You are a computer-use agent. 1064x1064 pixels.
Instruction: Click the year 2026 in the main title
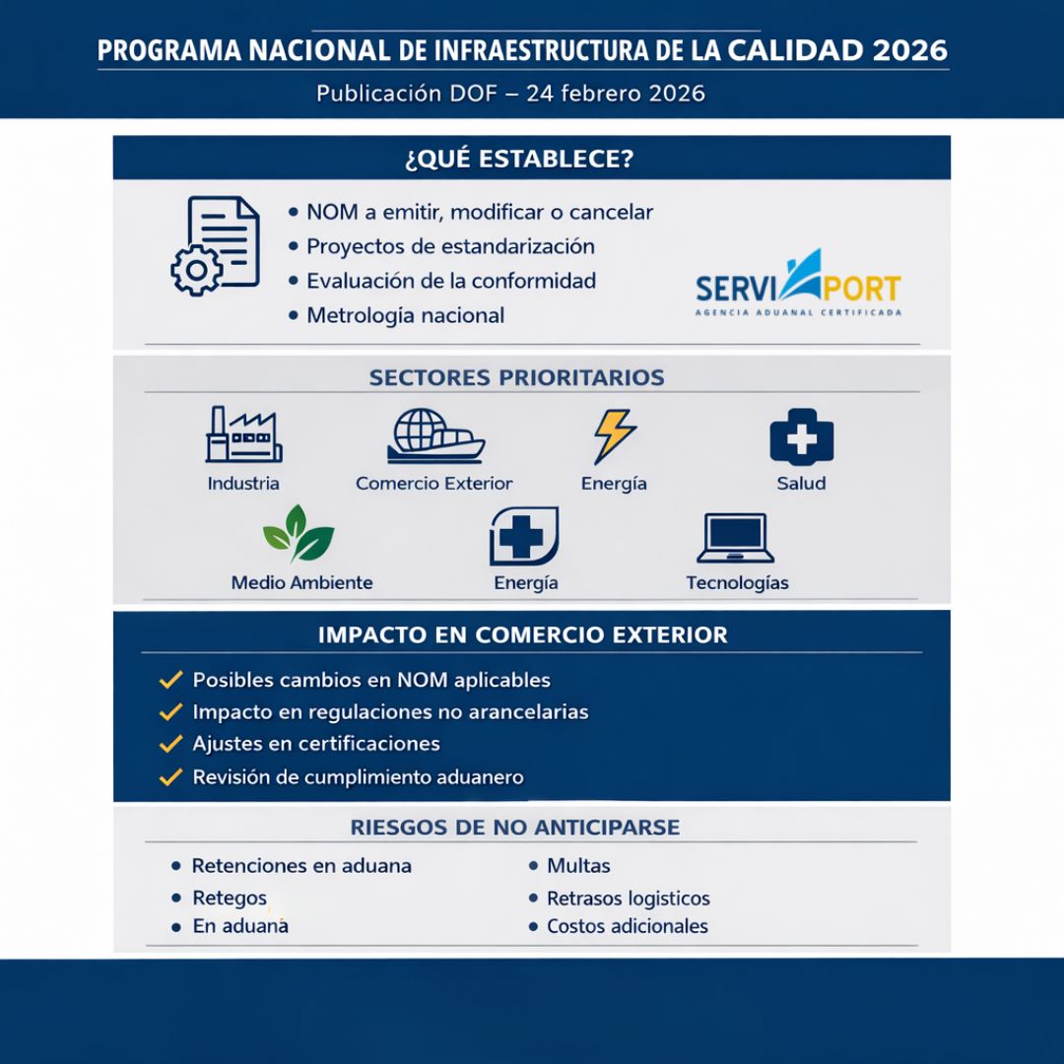[910, 50]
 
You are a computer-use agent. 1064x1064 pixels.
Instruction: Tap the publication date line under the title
[510, 94]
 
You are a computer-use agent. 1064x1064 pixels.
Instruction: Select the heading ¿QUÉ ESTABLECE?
[518, 159]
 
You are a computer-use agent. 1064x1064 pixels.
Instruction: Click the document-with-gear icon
[216, 245]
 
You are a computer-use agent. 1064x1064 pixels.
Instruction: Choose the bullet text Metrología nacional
[405, 315]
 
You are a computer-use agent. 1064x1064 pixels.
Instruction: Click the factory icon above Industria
[243, 434]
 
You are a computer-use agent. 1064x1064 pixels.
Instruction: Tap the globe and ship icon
[434, 436]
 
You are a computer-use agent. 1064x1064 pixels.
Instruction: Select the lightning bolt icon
[614, 435]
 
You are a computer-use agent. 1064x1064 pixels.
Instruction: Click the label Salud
[801, 484]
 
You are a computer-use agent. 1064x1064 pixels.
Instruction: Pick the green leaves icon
[299, 534]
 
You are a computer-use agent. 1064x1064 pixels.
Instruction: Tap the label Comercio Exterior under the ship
[434, 484]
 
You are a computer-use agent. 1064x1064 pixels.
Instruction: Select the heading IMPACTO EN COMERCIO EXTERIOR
[522, 635]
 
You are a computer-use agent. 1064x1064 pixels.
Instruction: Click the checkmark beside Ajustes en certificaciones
[171, 744]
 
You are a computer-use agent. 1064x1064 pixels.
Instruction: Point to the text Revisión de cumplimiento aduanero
[358, 777]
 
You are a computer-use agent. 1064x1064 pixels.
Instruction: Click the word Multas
[578, 866]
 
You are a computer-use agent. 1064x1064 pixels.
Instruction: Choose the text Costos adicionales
[627, 926]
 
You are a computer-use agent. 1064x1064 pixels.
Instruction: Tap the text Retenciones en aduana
[301, 866]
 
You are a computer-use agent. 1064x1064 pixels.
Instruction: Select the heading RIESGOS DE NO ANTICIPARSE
[515, 827]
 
